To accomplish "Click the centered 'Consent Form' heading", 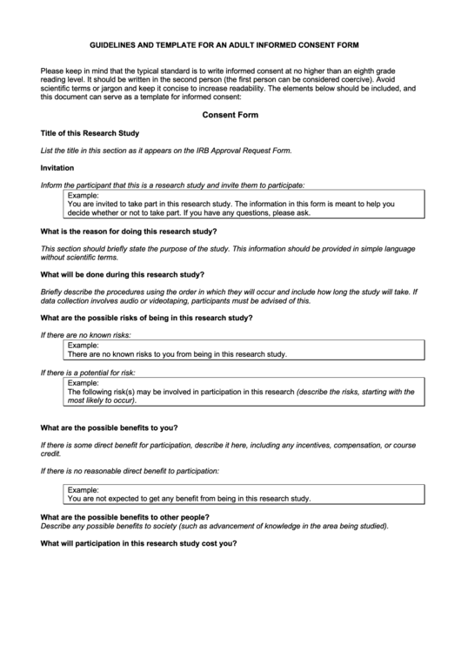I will tap(230, 115).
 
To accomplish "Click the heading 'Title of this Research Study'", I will tap(90, 133).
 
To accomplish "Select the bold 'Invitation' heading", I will tap(57, 167).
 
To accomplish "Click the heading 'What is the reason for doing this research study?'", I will tap(130, 232).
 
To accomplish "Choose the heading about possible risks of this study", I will tap(147, 317).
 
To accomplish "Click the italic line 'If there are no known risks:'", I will tap(86, 334).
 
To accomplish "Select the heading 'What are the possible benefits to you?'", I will tap(110, 428).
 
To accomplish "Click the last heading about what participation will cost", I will tap(138, 543).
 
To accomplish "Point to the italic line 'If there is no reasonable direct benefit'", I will tap(130, 471).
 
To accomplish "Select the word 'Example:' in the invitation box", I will tap(84, 194).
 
